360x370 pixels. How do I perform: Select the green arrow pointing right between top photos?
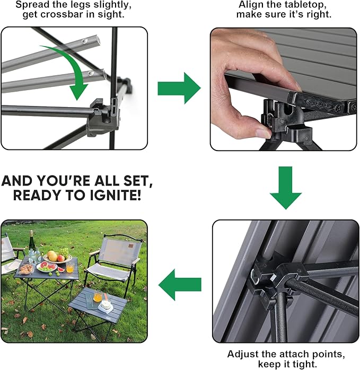click(x=179, y=88)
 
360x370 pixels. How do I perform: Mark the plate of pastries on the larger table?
click(x=26, y=268)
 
